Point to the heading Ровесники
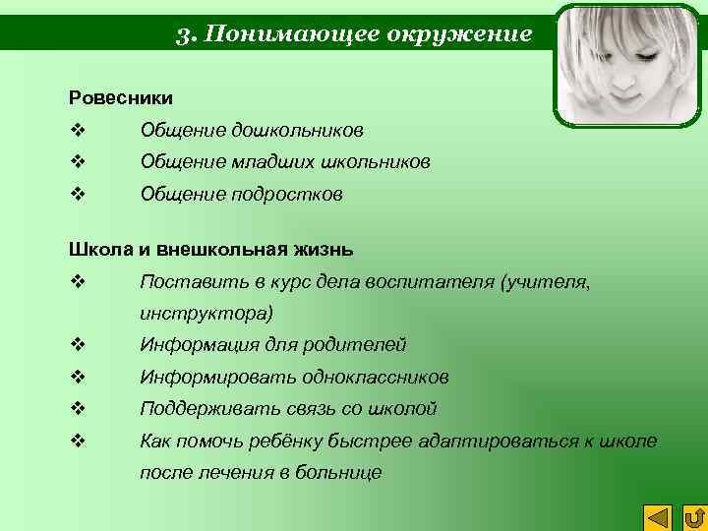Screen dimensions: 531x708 (121, 97)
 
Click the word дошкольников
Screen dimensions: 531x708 (298, 130)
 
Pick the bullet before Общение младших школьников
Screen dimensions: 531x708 (76, 161)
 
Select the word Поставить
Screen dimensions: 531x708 (186, 281)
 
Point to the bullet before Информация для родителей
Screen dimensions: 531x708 (76, 345)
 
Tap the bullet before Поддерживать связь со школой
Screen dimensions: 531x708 (76, 409)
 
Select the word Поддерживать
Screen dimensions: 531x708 (200, 409)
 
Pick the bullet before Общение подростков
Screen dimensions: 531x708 (76, 194)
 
